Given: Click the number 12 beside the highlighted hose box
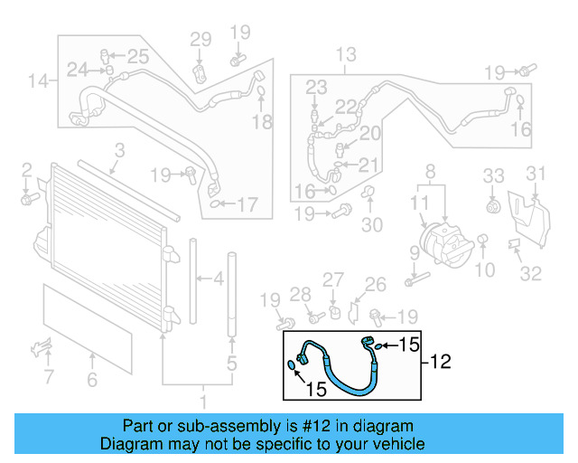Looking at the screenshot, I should (440, 364).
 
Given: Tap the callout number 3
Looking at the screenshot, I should (118, 151).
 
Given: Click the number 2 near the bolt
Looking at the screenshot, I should (27, 169).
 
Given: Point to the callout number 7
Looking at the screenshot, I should (49, 375).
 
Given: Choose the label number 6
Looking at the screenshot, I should (91, 381).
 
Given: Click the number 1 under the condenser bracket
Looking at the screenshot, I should (203, 401).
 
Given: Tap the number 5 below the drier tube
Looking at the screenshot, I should (232, 365).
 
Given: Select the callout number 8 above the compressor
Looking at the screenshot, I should (430, 171).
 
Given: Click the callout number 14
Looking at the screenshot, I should (37, 82).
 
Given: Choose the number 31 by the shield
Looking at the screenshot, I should (536, 174).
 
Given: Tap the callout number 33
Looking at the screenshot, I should (492, 175).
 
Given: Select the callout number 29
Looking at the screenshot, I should (200, 39).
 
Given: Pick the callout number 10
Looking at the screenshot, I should (485, 269).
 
